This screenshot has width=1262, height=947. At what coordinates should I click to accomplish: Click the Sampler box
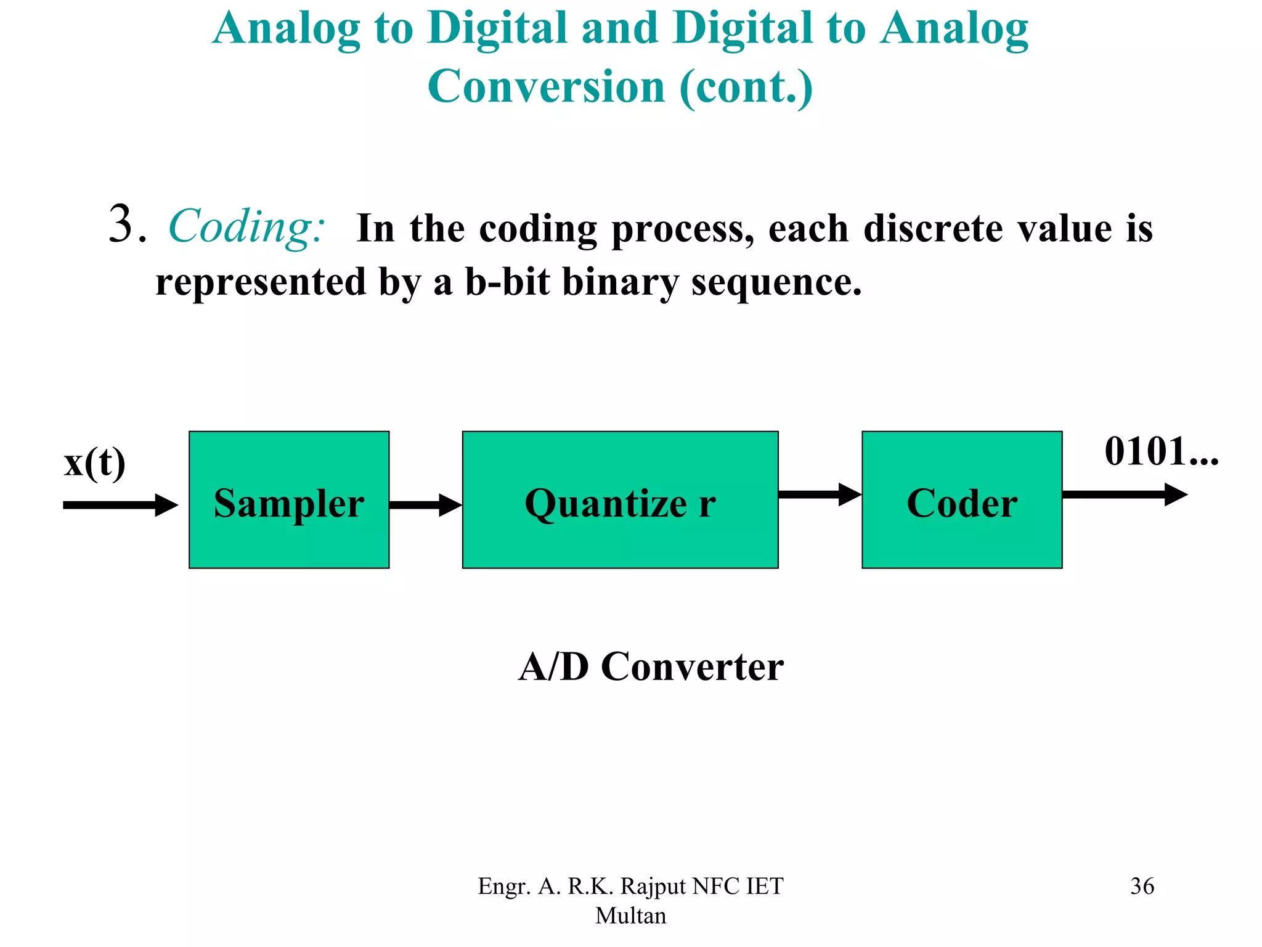coord(288,499)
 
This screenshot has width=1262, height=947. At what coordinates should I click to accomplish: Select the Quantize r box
coord(620,499)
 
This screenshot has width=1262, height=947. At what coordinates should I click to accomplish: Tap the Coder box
coord(961,499)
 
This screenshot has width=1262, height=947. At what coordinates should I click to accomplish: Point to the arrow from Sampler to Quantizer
coord(425,505)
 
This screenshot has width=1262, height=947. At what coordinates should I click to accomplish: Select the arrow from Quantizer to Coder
coord(820,494)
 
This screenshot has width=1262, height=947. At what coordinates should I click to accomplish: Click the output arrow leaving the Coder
coord(1125,494)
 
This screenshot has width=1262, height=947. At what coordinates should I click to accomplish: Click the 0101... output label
coord(1161,451)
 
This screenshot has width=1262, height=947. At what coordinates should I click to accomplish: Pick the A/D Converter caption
coord(651,666)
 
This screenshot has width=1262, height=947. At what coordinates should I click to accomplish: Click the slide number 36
coord(1142,886)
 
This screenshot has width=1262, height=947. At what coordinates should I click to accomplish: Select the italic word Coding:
coord(246,227)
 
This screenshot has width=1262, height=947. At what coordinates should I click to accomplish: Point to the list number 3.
coord(126,224)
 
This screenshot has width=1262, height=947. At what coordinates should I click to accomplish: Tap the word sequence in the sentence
coord(776,282)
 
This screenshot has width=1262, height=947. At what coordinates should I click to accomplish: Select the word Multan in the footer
coord(630,916)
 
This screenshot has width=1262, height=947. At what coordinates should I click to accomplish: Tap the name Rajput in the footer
coord(653,887)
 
